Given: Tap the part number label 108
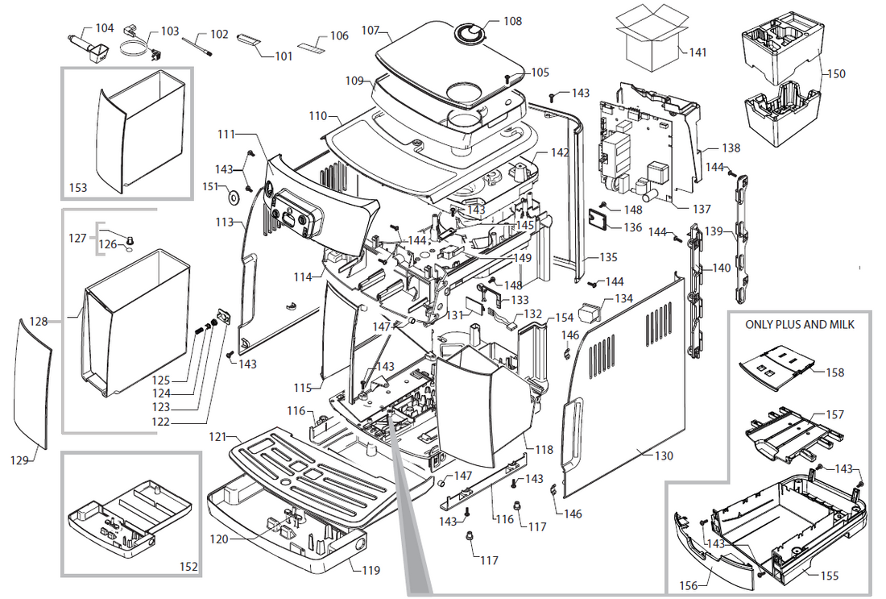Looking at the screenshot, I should click(512, 21).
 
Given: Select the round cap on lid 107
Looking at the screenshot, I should click(470, 32).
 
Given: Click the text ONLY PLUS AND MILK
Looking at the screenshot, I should click(800, 325).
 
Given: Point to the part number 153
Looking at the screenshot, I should click(78, 187).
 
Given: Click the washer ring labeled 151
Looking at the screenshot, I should click(233, 197).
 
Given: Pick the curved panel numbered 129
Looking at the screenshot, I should click(34, 383).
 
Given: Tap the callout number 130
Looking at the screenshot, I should click(663, 455).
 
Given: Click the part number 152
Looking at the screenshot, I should click(188, 567).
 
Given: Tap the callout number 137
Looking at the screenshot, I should click(702, 209).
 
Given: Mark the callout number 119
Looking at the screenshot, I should click(371, 571).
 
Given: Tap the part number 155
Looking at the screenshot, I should click(829, 576).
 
